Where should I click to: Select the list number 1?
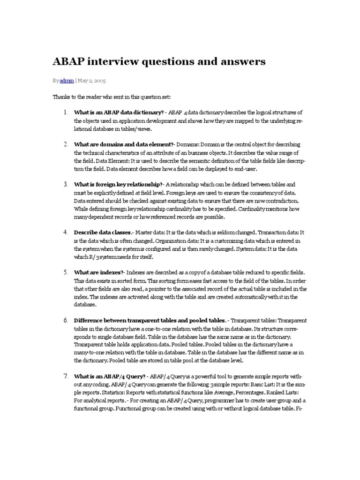pos(66,112)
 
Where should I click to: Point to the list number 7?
pos(66,376)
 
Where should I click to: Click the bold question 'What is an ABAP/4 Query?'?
pos(110,377)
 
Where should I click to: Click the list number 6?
pos(66,320)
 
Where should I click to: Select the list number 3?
pos(66,184)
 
